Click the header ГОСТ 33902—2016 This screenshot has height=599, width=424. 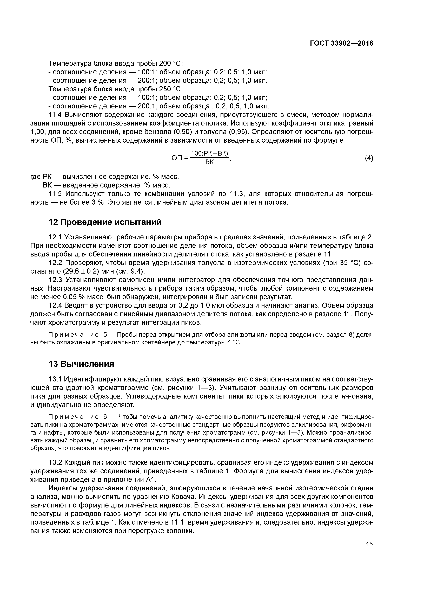pos(342,43)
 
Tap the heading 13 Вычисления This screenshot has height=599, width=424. pos(81,364)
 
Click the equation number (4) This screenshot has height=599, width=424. pos(369,158)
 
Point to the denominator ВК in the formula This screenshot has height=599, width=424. pos(209,162)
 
